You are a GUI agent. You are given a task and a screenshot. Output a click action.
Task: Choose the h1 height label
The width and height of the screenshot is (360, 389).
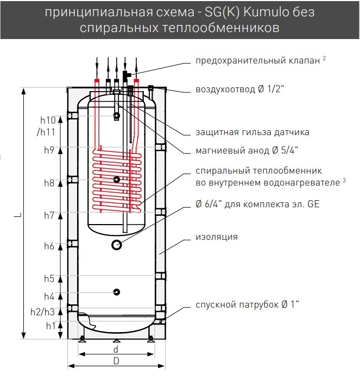click(x=50, y=326)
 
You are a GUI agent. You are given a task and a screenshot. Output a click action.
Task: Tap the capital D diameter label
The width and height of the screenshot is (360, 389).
click(x=116, y=361)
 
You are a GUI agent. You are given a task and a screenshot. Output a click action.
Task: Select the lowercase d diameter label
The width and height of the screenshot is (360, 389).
click(x=116, y=350)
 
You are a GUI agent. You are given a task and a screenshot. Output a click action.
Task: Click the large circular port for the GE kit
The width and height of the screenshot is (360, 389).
click(x=117, y=245)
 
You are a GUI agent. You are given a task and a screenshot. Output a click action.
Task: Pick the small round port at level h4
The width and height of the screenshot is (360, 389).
click(x=117, y=292)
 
